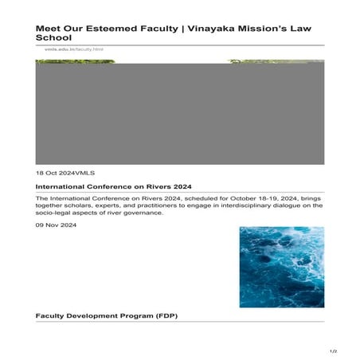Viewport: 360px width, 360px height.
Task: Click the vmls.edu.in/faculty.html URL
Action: (69, 49)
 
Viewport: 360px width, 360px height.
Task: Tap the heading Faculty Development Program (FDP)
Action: (106, 315)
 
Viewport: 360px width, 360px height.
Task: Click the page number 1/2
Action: (333, 351)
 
